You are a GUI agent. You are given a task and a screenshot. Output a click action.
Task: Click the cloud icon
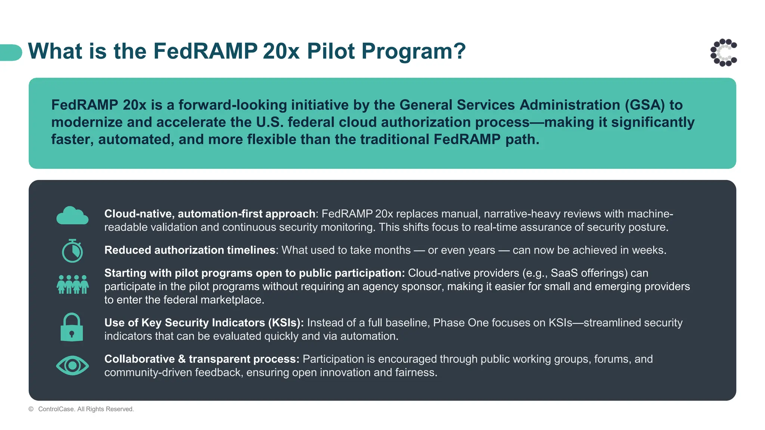(x=72, y=215)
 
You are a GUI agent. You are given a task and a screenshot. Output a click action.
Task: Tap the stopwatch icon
(x=72, y=251)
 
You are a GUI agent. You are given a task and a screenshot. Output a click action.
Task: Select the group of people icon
(x=72, y=284)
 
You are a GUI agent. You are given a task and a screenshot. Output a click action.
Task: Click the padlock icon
(x=72, y=327)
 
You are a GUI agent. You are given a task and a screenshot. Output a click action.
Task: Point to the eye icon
(x=72, y=365)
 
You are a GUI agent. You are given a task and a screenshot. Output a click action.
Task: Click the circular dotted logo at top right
(x=724, y=53)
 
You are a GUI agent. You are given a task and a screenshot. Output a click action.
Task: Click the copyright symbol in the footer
(x=31, y=409)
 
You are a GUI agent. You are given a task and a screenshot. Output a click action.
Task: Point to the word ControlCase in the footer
(x=56, y=409)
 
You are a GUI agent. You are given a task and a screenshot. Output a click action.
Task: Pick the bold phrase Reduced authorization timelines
(x=190, y=250)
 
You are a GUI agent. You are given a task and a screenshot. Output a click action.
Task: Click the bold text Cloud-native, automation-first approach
(x=210, y=214)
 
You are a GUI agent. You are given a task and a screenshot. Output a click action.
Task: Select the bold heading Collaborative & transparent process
(x=202, y=359)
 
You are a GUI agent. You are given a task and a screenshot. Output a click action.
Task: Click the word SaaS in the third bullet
(x=565, y=273)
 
